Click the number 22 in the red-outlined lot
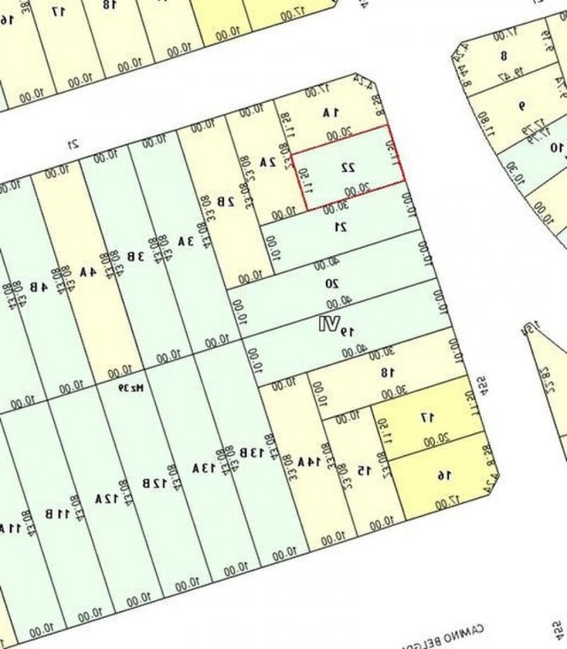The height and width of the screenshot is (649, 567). tap(348, 167)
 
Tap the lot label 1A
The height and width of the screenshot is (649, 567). tap(331, 113)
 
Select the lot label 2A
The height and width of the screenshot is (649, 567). tap(268, 162)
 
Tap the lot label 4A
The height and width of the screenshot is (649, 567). tap(88, 272)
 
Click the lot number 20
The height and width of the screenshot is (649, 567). tap(331, 283)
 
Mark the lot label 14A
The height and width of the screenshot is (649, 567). tap(306, 462)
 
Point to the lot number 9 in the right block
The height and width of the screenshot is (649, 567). tap(520, 106)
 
